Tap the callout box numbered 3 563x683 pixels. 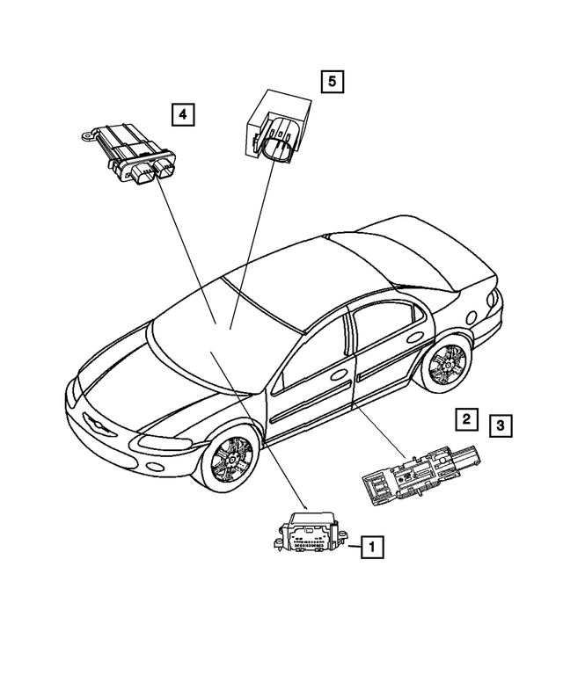point(499,427)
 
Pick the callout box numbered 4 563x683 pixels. point(182,113)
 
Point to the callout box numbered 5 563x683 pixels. point(332,83)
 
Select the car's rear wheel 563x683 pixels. point(446,365)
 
